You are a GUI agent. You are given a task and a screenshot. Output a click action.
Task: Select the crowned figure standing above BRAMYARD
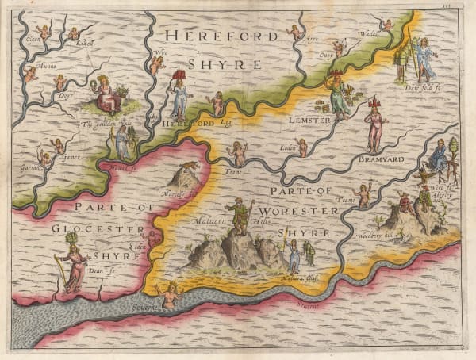(x=374, y=125)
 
